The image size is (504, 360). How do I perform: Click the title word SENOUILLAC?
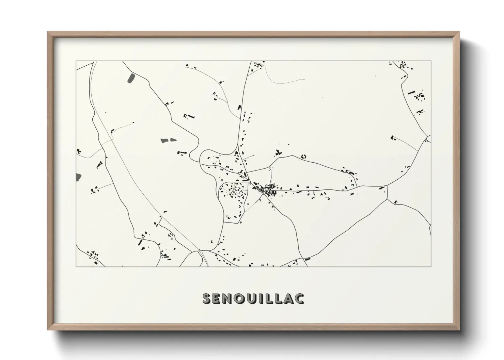[253, 298]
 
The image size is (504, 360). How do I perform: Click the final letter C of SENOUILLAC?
[299, 298]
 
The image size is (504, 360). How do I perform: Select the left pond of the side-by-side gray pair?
[164, 140]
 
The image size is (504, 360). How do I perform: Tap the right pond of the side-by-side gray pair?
[173, 140]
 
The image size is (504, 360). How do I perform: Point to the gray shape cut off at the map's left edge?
[78, 177]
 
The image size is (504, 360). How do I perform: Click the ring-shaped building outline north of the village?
[304, 156]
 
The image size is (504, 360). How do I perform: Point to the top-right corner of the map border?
[431, 61]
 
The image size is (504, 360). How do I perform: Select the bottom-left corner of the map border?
[76, 266]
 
